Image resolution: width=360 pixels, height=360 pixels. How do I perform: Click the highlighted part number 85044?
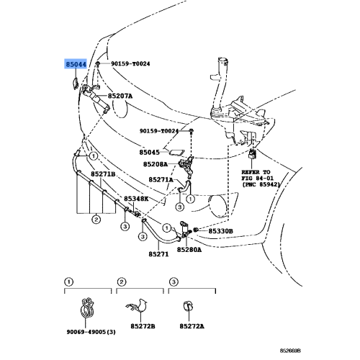(76, 64)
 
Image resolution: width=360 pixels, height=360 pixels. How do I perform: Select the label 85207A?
(120, 96)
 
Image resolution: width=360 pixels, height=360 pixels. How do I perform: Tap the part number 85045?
(149, 153)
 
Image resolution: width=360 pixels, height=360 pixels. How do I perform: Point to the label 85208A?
(156, 164)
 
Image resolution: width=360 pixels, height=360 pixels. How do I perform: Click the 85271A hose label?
(161, 179)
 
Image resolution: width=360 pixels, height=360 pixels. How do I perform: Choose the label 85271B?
(103, 174)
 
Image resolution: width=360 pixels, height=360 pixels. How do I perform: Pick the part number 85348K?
(136, 199)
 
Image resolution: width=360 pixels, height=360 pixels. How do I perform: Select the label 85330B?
(220, 231)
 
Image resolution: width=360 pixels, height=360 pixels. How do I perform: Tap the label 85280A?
(189, 250)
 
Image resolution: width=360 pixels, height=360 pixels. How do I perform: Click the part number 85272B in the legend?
(143, 326)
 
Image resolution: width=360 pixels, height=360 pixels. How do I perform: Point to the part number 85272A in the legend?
(192, 326)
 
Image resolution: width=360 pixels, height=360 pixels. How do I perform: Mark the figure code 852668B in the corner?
(290, 351)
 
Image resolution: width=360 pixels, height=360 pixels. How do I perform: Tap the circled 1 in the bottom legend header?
(69, 282)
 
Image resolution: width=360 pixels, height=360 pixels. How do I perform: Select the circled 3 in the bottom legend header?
(174, 282)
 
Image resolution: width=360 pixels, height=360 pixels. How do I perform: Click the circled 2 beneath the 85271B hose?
(96, 220)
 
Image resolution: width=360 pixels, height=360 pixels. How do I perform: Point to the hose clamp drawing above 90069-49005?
(87, 307)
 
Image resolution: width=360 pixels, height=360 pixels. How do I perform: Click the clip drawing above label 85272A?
(189, 307)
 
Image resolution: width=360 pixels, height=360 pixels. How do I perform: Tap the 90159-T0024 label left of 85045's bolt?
(159, 131)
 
